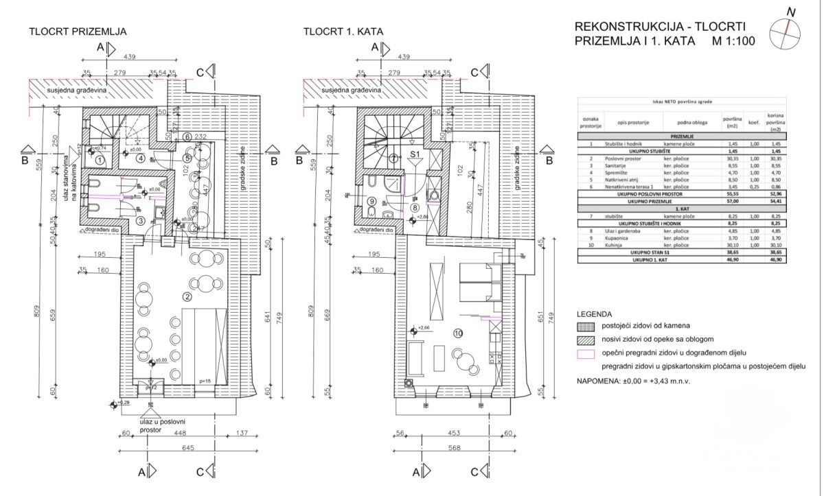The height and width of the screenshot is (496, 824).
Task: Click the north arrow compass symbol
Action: (786, 32)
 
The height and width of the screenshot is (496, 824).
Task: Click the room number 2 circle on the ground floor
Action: (187, 297)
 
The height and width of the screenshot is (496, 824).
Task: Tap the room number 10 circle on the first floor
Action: (459, 334)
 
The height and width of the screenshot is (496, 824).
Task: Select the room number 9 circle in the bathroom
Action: (371, 202)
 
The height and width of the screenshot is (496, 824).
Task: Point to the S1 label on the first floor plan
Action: (415, 155)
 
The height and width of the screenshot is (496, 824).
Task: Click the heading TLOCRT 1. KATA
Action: (343, 32)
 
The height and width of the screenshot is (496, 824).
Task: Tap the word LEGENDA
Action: (593, 314)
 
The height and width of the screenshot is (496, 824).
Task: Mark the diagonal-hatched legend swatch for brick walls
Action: (586, 340)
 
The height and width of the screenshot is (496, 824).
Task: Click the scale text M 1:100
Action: (734, 40)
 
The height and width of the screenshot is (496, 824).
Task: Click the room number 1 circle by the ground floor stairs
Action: (100, 160)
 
